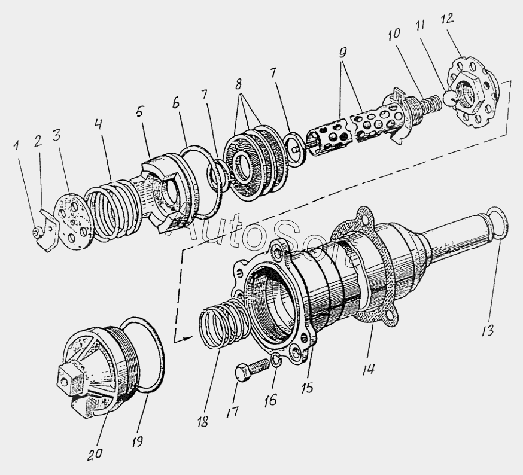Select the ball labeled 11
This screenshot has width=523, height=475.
tap(449, 96)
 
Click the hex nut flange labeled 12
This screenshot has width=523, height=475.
tap(476, 96)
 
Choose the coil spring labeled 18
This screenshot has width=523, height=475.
tap(218, 325)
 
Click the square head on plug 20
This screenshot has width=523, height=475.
tap(68, 376)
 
